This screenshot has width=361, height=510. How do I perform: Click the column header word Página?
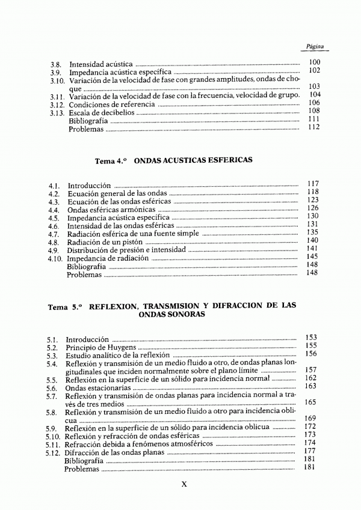(316, 46)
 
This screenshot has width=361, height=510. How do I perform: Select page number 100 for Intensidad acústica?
(314, 62)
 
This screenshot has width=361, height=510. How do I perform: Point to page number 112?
(313, 127)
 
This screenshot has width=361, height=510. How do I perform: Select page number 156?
(310, 353)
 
